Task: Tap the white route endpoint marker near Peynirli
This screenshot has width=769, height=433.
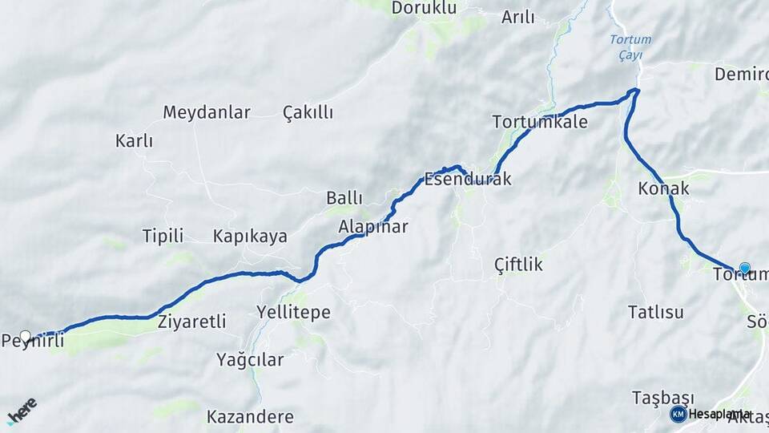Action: pyautogui.click(x=26, y=336)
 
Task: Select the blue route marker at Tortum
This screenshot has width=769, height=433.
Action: pyautogui.click(x=744, y=269)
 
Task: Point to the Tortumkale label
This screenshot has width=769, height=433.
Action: pyautogui.click(x=540, y=123)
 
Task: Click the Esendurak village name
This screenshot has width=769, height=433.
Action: pyautogui.click(x=468, y=180)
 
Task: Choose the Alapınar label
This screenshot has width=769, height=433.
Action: pyautogui.click(x=373, y=227)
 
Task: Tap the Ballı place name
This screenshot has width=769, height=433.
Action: pyautogui.click(x=344, y=198)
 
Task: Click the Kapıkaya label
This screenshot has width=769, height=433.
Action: pyautogui.click(x=250, y=237)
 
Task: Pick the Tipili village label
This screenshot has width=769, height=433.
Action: pyautogui.click(x=163, y=236)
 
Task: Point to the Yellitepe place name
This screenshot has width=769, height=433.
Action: pyautogui.click(x=293, y=313)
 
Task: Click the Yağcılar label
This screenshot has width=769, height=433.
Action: pyautogui.click(x=250, y=360)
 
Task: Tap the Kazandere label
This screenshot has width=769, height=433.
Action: pyautogui.click(x=250, y=417)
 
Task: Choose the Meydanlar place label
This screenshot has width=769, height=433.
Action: pyautogui.click(x=207, y=112)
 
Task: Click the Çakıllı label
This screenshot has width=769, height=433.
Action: pyautogui.click(x=308, y=113)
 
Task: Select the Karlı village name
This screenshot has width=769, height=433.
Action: pyautogui.click(x=134, y=141)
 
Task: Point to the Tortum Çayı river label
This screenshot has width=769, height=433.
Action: pyautogui.click(x=630, y=47)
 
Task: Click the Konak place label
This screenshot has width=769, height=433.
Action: pyautogui.click(x=663, y=188)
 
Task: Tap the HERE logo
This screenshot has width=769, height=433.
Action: pyautogui.click(x=22, y=411)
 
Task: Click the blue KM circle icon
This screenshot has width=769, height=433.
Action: pyautogui.click(x=678, y=414)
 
